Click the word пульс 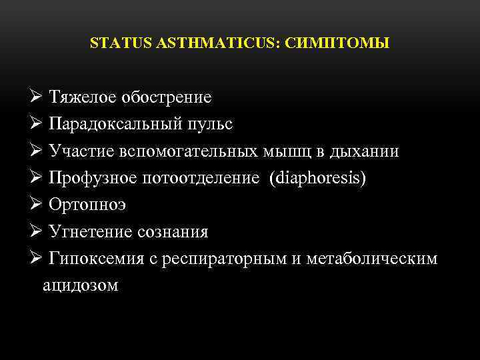(215, 125)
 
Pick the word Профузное (93, 179)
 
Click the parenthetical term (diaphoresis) (318, 179)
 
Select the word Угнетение (88, 232)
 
